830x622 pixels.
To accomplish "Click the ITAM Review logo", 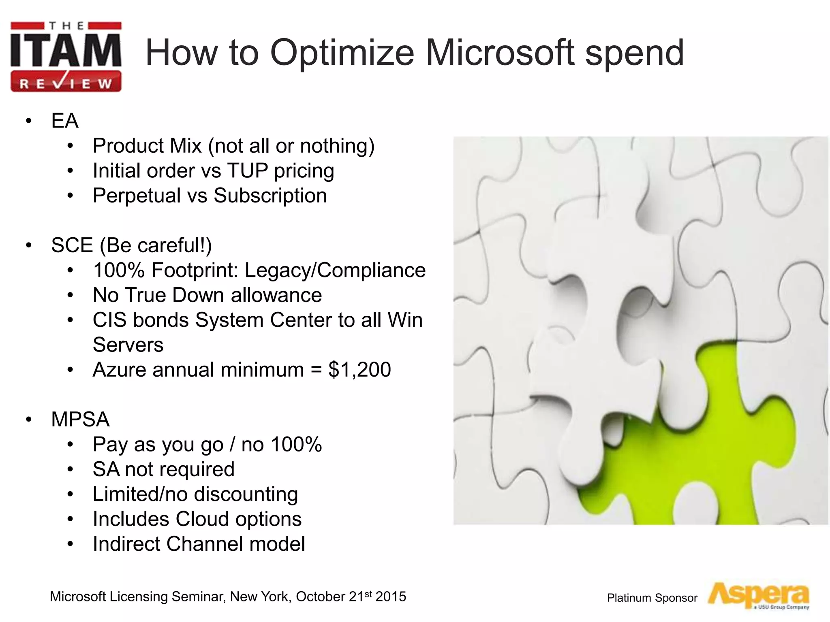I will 66,57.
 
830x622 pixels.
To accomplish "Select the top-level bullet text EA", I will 64,121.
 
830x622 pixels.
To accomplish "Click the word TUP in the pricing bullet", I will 247,170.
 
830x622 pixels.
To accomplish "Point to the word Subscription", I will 270,196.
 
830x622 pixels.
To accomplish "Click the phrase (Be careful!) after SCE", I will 156,245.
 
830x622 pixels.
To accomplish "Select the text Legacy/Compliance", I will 335,270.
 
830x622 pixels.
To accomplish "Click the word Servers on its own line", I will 128,345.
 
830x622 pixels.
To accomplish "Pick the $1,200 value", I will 359,370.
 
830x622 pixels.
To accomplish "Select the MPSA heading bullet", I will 80,419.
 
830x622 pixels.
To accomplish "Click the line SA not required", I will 163,469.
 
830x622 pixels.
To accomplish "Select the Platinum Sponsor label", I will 652,598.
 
